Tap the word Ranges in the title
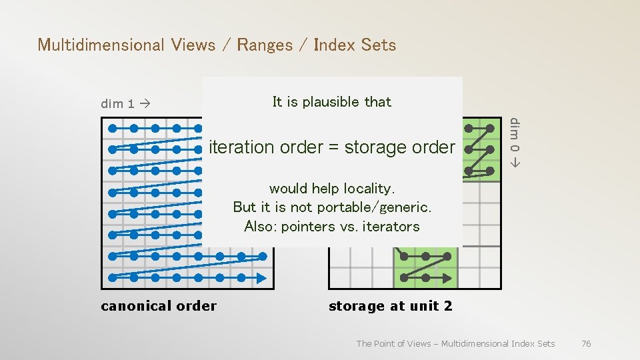coord(265,45)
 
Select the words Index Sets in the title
coord(355,45)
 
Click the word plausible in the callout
coord(331,102)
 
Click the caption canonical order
coord(159,306)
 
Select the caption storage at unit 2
coord(390,306)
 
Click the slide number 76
coord(586,343)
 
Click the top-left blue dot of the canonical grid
coord(112,127)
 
